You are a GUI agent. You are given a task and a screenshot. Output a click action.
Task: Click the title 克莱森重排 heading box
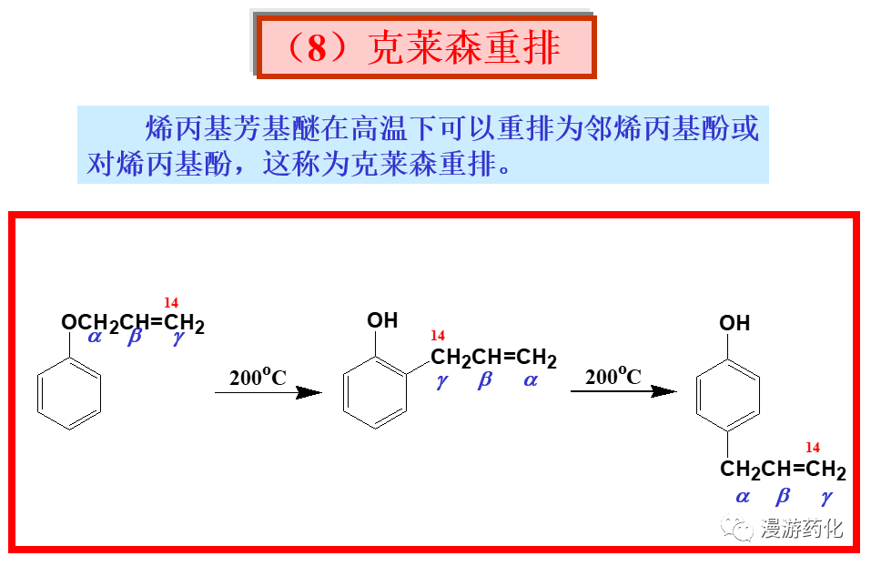click(426, 47)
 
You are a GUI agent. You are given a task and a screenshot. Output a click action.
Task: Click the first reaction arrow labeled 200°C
click(268, 392)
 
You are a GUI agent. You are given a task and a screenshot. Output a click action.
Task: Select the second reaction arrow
click(623, 391)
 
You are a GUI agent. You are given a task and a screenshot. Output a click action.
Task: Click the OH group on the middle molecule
click(382, 320)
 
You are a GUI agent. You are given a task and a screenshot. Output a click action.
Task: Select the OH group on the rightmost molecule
click(734, 323)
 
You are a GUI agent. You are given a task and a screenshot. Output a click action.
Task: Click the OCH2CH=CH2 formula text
click(133, 323)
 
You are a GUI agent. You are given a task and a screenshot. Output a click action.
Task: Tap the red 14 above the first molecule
click(171, 302)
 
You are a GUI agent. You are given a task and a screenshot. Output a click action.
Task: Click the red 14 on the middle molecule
click(438, 336)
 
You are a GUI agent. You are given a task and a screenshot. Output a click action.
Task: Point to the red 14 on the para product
click(813, 448)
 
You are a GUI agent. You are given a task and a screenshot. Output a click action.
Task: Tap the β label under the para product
click(783, 497)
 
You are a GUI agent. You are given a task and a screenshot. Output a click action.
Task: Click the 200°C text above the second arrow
click(613, 376)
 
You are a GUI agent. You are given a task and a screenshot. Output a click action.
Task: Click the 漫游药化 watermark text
click(802, 529)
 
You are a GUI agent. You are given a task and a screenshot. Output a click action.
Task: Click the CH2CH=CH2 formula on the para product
click(783, 470)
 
